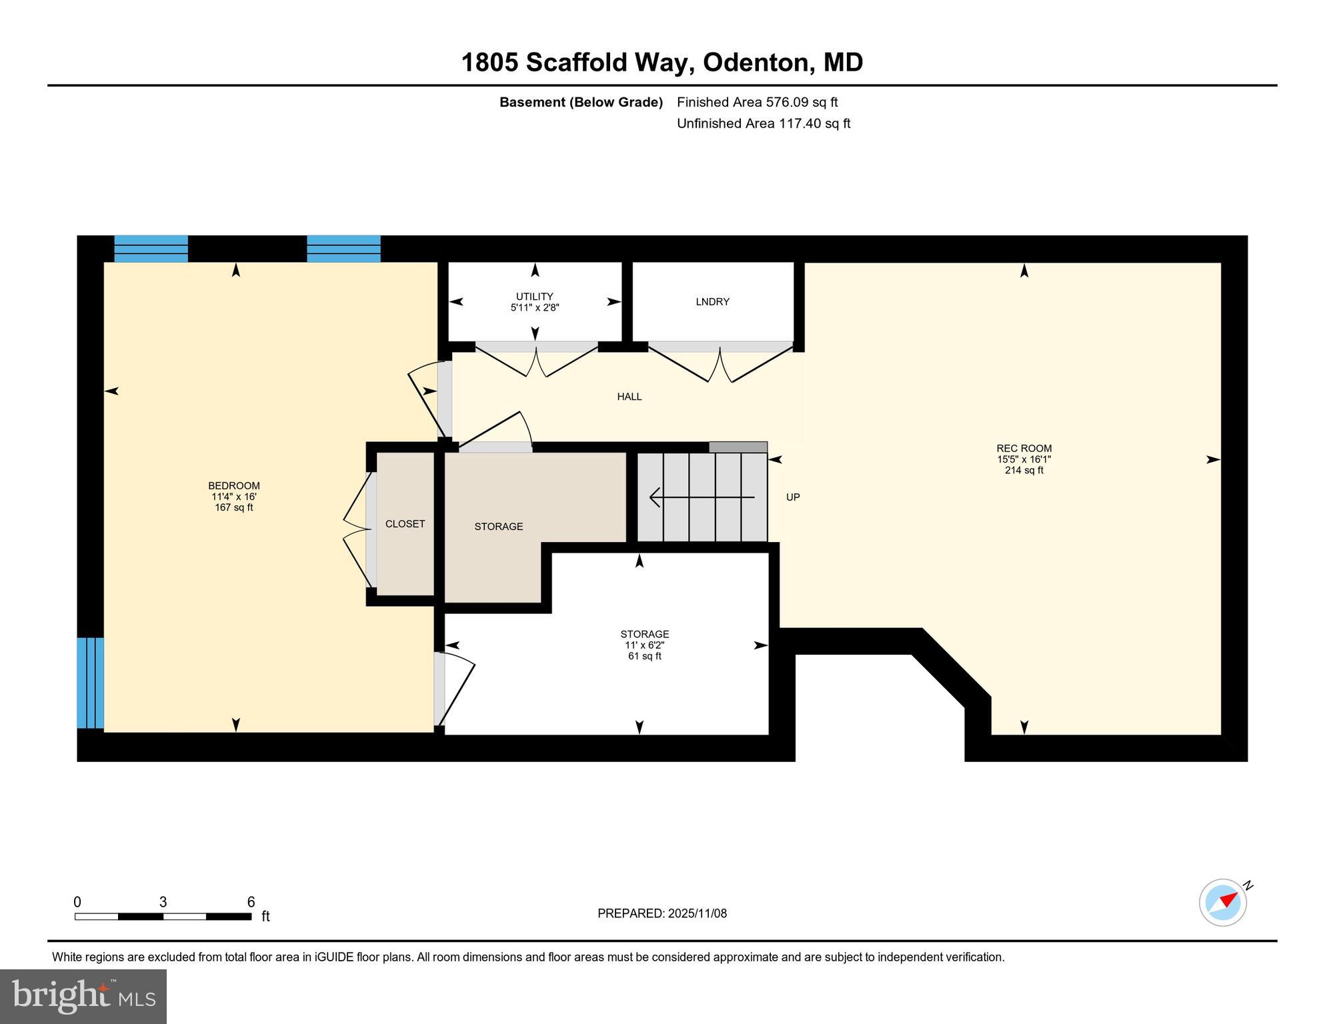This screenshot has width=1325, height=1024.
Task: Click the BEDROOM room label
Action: pos(233,486)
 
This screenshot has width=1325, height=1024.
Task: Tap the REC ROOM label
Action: pos(1024,449)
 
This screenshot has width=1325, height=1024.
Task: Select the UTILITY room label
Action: pos(534,297)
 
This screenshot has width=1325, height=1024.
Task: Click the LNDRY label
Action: pos(712,302)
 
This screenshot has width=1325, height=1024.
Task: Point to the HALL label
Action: pos(629,397)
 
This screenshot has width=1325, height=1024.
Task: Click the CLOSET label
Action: pos(405,524)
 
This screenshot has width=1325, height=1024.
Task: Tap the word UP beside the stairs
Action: pos(792,497)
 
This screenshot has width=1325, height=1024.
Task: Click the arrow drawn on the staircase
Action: pos(700,497)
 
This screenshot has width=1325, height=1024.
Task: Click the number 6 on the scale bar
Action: pos(251,902)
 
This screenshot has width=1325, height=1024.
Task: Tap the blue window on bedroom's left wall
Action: pos(90,683)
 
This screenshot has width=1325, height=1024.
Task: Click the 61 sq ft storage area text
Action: pos(644,656)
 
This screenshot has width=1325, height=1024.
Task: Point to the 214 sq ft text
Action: pos(1024,471)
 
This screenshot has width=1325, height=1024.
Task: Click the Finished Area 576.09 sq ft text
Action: pos(757,102)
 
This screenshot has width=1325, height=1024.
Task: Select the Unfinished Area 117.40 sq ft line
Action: pos(763,123)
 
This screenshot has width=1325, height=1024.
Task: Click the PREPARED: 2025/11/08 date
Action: pos(661,913)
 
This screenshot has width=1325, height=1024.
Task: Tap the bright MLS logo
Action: pos(83,996)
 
